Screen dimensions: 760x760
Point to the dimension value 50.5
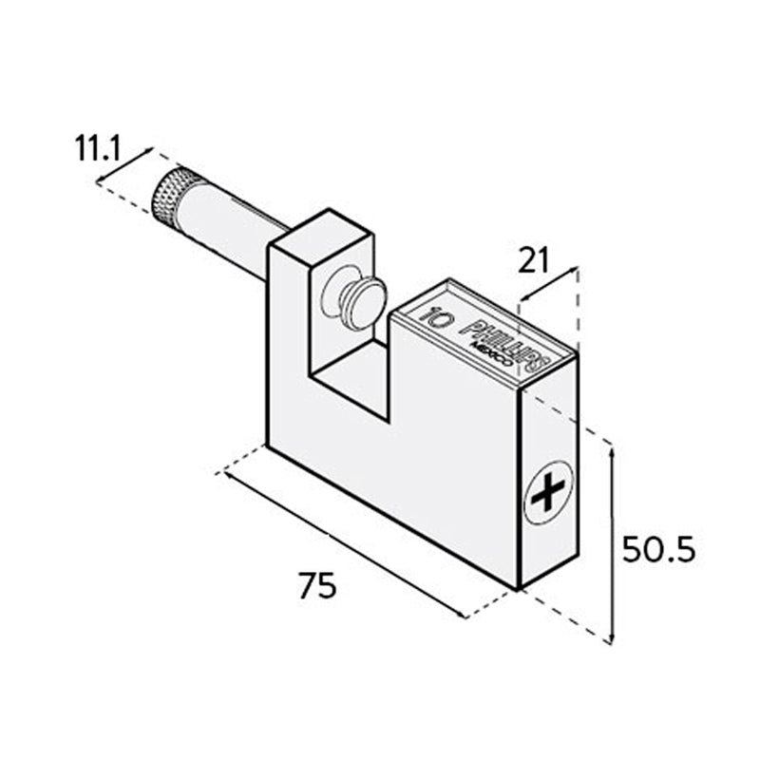tap(659, 549)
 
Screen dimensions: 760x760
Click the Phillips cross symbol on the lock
tap(548, 492)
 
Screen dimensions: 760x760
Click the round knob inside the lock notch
tap(355, 300)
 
